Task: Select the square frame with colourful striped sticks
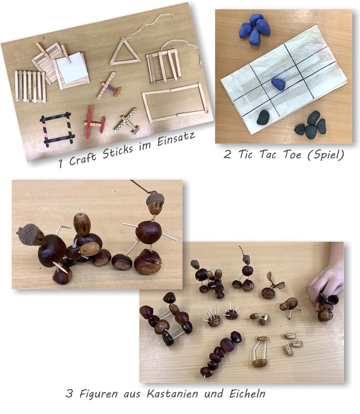tap(56, 129)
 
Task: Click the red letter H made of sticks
tap(94, 123)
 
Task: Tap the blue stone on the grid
tap(278, 84)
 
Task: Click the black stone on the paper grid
tap(263, 117)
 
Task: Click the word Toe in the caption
tap(292, 154)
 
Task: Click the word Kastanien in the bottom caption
tap(172, 394)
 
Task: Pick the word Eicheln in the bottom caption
tap(247, 394)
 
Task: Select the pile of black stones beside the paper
tap(311, 125)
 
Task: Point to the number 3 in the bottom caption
tap(69, 394)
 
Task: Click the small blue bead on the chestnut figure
tap(74, 246)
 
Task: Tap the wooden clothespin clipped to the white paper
tap(66, 54)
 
